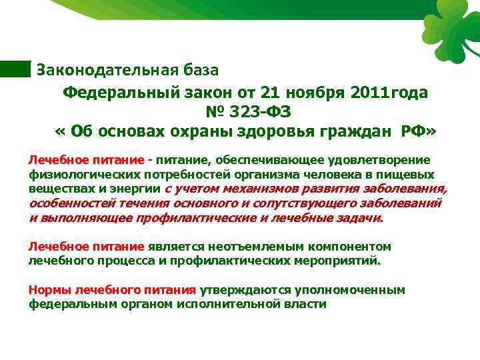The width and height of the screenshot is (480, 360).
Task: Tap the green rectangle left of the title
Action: point(15,69)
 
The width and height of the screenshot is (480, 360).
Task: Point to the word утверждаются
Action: point(241,290)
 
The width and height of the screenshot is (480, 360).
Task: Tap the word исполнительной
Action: point(223,304)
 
